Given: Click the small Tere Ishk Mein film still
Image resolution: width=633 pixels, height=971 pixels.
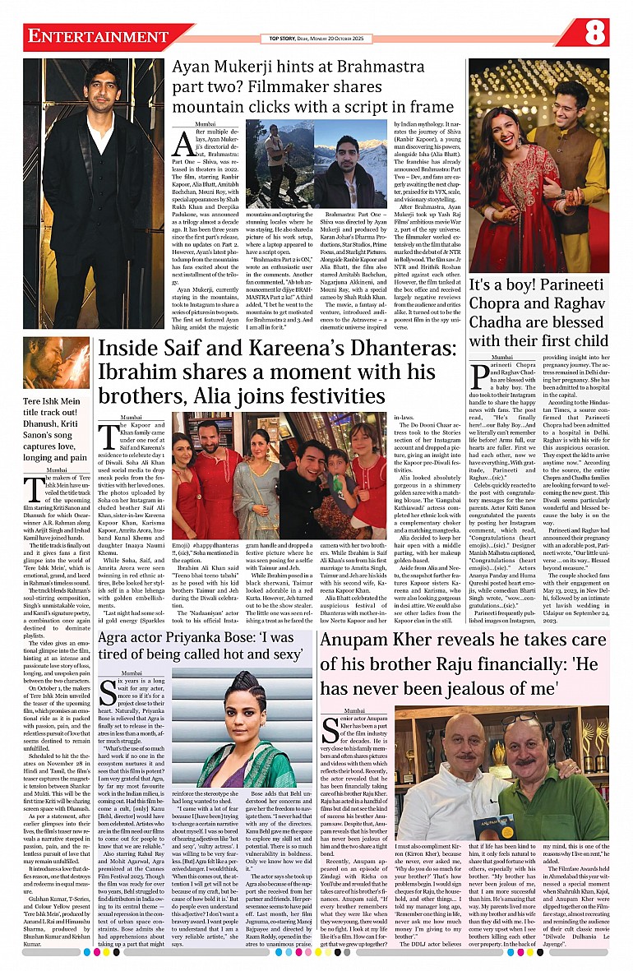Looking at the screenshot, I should coord(56,362).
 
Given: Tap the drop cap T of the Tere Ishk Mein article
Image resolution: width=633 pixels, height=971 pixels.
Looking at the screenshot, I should coord(33,489).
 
